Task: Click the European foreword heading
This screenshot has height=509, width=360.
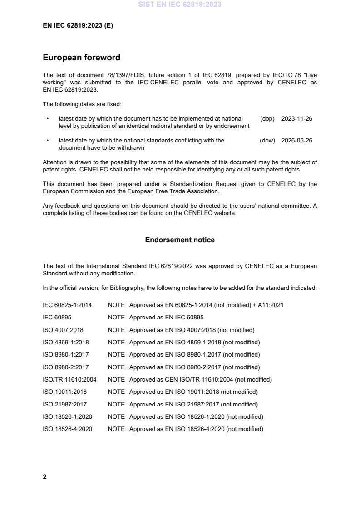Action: [x=81, y=58]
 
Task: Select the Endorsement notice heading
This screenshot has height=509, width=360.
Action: [x=180, y=240]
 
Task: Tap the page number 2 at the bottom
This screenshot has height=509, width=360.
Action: [x=44, y=477]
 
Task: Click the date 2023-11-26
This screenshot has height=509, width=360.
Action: [x=296, y=119]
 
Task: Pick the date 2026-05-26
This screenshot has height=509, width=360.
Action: [x=296, y=141]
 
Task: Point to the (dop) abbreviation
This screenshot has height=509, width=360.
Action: [x=267, y=119]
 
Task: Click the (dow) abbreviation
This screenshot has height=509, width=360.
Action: [x=267, y=141]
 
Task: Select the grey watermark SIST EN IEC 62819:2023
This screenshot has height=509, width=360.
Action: [x=180, y=5]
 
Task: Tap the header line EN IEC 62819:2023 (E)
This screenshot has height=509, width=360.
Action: [x=78, y=26]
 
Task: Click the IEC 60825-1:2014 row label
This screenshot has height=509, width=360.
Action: [x=67, y=305]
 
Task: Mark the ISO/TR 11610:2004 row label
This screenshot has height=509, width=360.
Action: [x=69, y=379]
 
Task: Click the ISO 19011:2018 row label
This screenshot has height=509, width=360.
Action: [x=64, y=392]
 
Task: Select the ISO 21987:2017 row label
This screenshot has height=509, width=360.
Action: [x=64, y=404]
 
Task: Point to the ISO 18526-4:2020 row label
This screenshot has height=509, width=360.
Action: [x=67, y=429]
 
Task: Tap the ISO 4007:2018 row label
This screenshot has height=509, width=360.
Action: [x=63, y=330]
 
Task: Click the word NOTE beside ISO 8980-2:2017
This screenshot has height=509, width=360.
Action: [x=116, y=367]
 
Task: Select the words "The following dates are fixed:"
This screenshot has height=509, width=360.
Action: [x=82, y=104]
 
